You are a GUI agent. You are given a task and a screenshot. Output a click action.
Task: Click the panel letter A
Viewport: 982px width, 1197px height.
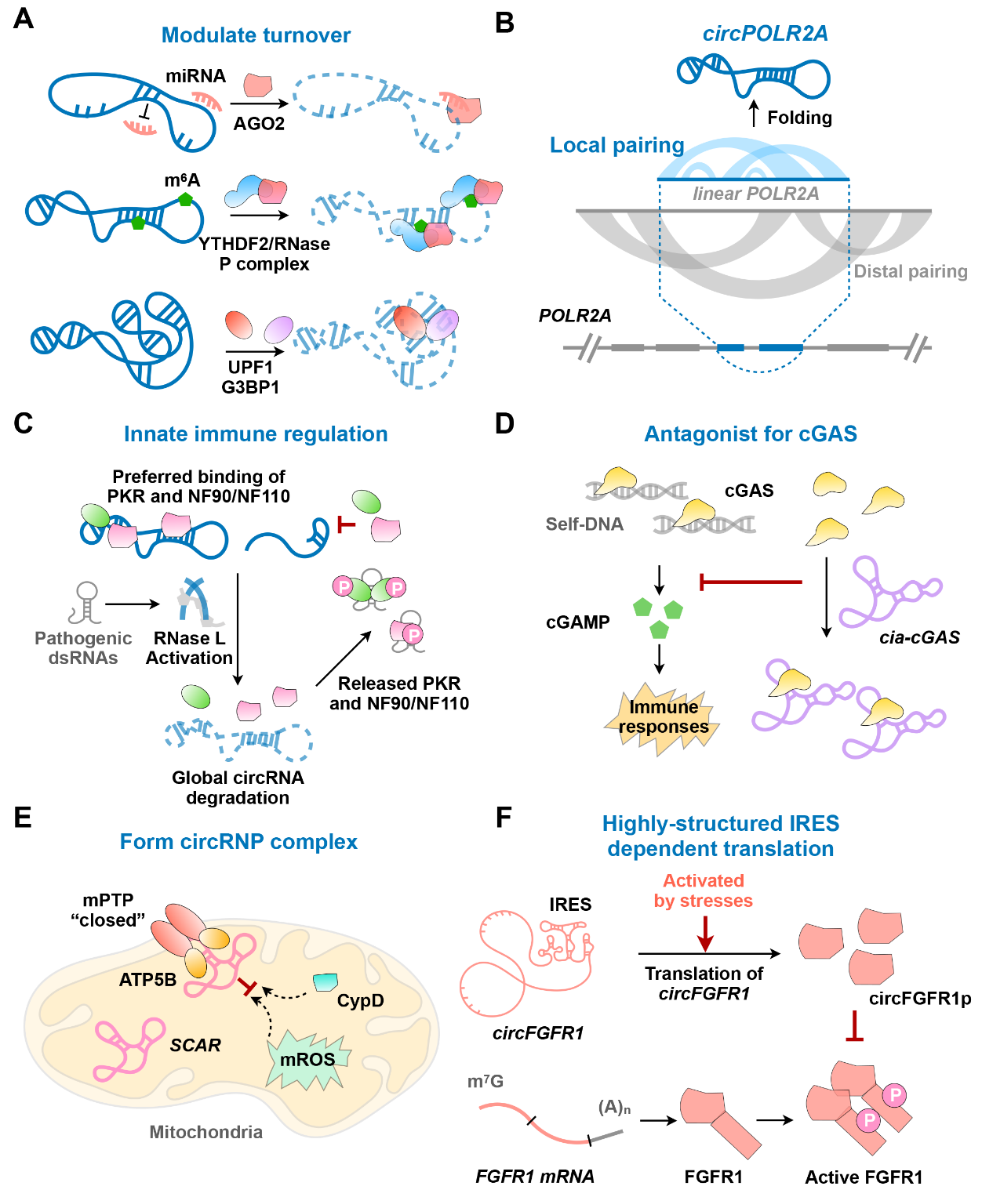(x=24, y=18)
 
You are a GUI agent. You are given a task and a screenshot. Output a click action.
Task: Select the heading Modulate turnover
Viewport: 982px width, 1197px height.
(x=256, y=35)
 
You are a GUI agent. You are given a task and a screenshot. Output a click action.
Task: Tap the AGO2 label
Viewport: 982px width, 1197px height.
(x=259, y=124)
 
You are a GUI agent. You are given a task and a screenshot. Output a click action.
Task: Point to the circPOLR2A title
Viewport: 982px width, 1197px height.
(x=765, y=34)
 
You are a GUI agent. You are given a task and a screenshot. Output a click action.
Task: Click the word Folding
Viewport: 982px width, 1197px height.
(x=799, y=118)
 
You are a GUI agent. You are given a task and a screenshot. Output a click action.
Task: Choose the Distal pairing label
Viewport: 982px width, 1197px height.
(x=910, y=271)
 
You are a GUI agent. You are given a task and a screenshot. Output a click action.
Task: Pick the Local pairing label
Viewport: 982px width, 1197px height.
(x=616, y=145)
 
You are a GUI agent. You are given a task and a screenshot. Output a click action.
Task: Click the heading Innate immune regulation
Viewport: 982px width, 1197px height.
(x=256, y=434)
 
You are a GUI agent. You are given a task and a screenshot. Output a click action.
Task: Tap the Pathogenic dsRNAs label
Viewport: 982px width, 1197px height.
(x=83, y=648)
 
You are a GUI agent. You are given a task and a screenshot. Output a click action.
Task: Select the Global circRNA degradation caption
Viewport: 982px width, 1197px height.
(x=238, y=788)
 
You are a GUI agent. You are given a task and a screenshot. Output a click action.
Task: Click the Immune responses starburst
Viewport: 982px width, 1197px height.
(x=663, y=718)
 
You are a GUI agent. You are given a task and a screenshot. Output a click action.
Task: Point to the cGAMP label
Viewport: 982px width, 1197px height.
(x=578, y=622)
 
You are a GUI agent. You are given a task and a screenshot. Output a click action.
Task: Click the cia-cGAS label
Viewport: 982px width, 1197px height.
(x=919, y=637)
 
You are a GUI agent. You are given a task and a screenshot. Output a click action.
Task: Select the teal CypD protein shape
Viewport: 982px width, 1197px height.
(x=325, y=981)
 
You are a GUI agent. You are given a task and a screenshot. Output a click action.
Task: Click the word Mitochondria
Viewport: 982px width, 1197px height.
(x=206, y=1132)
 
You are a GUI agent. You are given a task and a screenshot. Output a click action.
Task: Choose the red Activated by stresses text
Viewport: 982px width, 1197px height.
(x=704, y=891)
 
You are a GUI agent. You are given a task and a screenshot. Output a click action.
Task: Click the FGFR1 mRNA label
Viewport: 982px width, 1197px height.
(x=535, y=1177)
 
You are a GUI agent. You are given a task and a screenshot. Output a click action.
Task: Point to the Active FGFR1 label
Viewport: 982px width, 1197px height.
(x=864, y=1177)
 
